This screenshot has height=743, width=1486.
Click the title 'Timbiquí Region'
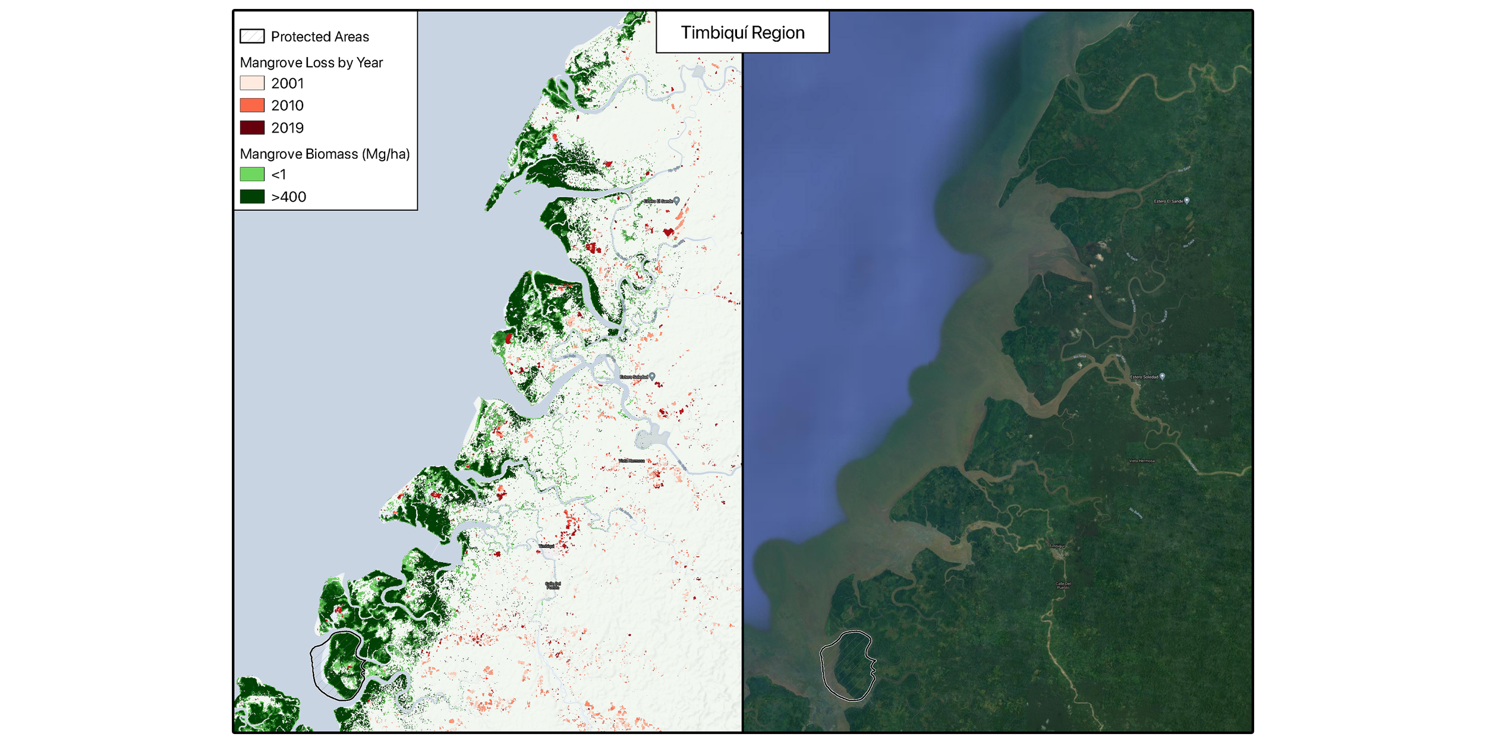(742, 33)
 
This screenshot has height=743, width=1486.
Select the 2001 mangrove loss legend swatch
(252, 83)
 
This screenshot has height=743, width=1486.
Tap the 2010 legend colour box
(252, 105)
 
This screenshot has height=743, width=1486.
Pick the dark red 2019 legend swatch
(252, 128)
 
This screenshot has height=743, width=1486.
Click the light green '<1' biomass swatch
(252, 174)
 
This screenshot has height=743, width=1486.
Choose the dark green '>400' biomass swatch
(252, 197)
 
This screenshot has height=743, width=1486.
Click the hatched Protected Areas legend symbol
(252, 36)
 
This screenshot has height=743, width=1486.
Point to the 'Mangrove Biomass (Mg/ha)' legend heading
(325, 154)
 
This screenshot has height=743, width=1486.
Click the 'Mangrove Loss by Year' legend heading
(311, 62)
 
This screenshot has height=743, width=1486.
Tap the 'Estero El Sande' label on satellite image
(1168, 202)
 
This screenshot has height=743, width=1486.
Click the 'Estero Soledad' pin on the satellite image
(1162, 376)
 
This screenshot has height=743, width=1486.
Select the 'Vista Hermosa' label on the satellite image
(1142, 461)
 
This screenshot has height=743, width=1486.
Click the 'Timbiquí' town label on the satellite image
(1057, 546)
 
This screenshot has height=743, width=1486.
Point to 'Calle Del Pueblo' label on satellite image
(1063, 585)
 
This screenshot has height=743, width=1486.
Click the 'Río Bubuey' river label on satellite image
(1135, 512)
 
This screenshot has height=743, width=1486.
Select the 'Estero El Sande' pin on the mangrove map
(676, 201)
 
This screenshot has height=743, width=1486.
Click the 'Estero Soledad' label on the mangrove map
(634, 377)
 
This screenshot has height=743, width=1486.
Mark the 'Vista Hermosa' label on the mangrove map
(631, 461)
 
